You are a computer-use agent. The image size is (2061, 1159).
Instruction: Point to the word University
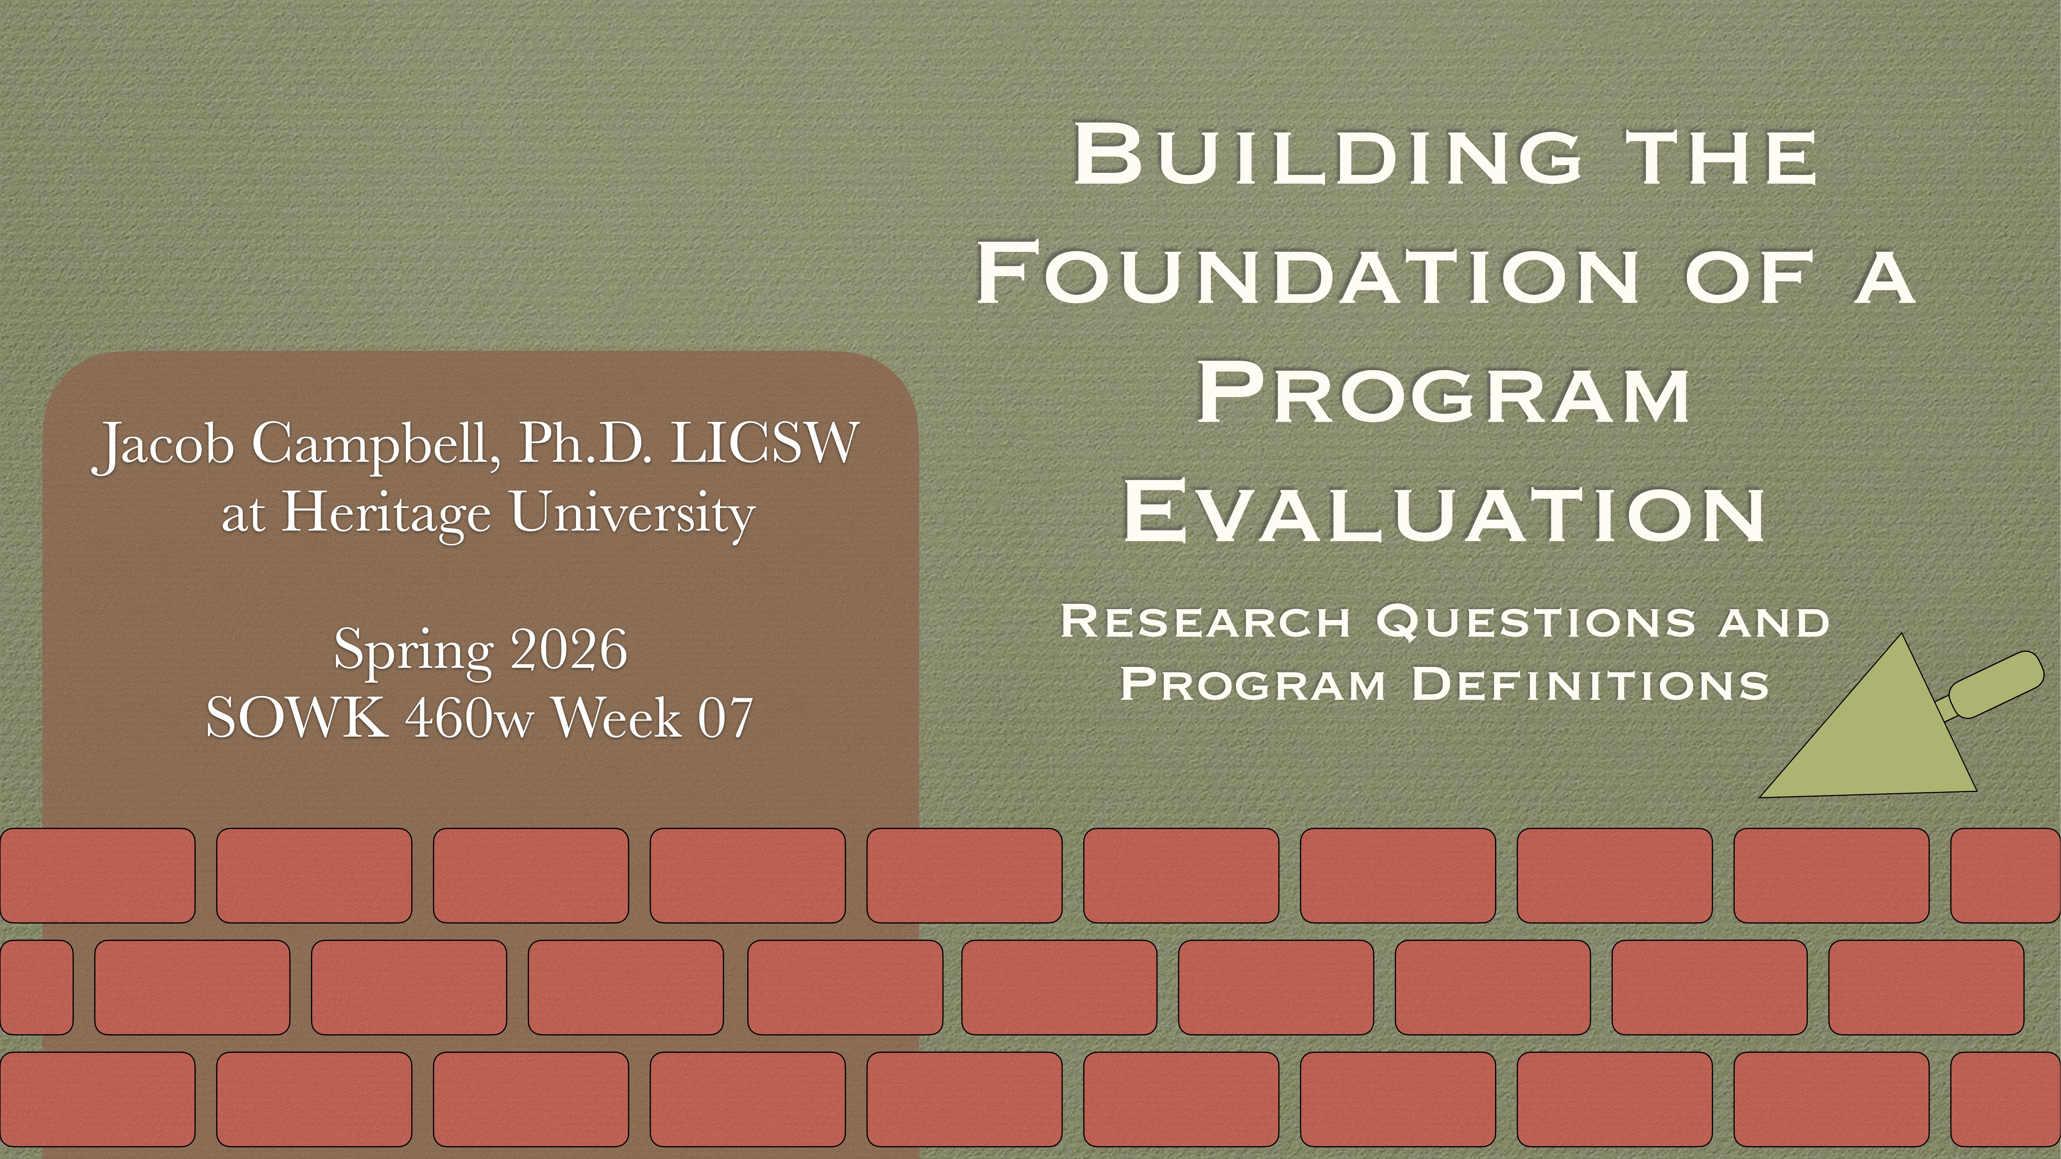632,514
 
